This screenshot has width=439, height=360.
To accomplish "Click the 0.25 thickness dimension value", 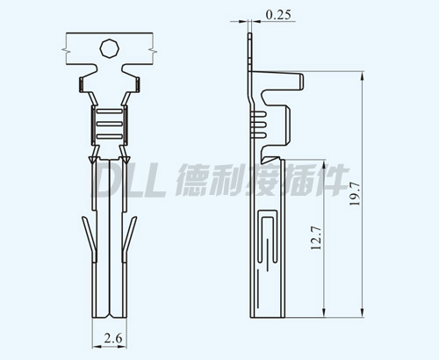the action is (278, 14).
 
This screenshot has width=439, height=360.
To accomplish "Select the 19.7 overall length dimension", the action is (355, 194).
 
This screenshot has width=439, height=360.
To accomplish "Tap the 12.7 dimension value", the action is (316, 238).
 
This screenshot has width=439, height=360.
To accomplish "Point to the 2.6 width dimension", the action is (113, 339).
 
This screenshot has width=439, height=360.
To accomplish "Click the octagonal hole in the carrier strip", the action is (110, 48).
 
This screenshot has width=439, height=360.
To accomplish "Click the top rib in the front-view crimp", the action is (109, 112).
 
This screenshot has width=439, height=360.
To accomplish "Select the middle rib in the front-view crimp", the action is (109, 124).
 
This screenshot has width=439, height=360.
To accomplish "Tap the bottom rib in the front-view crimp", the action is (109, 136).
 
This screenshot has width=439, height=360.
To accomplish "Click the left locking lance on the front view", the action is (90, 237).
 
